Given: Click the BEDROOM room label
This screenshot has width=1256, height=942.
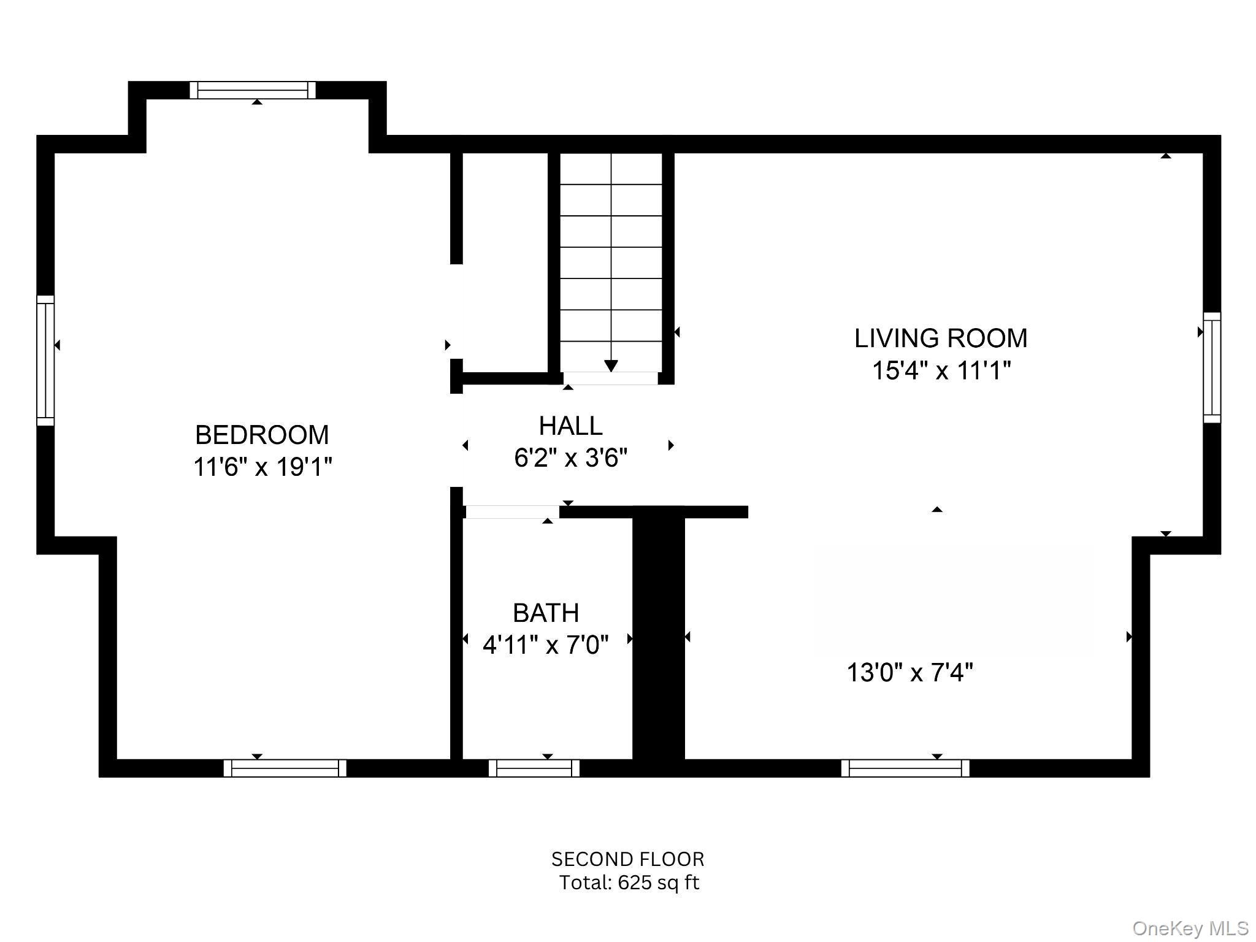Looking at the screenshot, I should [262, 435].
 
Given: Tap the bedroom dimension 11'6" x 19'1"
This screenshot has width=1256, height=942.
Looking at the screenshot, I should [262, 467].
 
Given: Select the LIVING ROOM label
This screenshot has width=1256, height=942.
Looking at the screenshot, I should [941, 339].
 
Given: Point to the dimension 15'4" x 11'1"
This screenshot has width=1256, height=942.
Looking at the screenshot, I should [941, 370].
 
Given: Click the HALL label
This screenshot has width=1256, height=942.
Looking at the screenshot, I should [570, 426].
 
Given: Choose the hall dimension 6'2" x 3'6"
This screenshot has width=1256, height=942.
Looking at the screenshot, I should [570, 458].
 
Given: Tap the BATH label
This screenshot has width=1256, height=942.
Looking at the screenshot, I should [546, 613].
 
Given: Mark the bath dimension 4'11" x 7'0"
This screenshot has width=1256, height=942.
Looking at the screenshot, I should [545, 645].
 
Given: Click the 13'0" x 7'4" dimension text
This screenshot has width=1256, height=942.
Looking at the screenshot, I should [909, 673].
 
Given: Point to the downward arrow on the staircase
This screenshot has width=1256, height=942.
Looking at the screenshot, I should [611, 364].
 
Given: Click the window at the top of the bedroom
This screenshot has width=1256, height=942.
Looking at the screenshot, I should [252, 90].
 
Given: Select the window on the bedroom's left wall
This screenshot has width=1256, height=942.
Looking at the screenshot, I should [45, 360].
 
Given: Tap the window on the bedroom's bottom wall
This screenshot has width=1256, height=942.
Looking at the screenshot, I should [285, 768].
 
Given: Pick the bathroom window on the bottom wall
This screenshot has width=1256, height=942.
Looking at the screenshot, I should [534, 768].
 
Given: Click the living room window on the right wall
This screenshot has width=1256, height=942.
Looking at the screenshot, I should [1211, 367].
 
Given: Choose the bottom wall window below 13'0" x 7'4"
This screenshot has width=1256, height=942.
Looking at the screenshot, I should [905, 768].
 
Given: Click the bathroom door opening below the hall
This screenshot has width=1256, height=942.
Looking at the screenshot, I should [512, 511].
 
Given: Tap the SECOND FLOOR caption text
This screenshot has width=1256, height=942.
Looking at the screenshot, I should [627, 859].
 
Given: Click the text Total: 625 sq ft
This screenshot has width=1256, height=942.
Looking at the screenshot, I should [629, 883].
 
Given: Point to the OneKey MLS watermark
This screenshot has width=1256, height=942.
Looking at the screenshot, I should [1190, 928].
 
